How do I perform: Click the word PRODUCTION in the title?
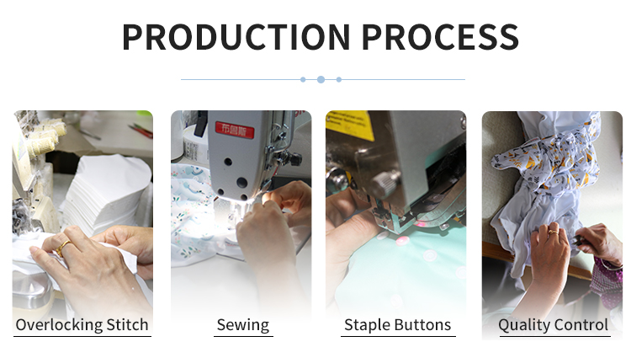coord(236,37)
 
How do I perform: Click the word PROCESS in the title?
coord(440,37)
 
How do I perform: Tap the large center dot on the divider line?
coord(321,79)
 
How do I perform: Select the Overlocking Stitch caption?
coord(82,325)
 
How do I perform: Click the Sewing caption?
coord(243,325)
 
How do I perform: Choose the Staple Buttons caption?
coord(398,325)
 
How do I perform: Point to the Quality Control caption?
coord(553,325)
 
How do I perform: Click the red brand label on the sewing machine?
coord(235,130)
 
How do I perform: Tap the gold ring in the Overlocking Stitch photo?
coord(63,248)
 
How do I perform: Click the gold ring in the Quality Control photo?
coord(554,232)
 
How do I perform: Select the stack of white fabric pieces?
coord(106,195)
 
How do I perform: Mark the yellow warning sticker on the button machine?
coord(349,125)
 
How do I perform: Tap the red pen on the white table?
coord(141,131)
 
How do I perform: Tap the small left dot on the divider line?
coord(303,79)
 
